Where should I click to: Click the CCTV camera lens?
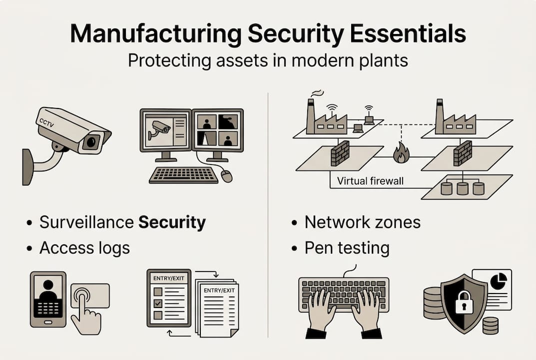[x=90, y=142]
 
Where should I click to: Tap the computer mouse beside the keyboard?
[x=226, y=175]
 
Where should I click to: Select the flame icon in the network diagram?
[x=401, y=153]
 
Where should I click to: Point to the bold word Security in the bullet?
[x=172, y=222]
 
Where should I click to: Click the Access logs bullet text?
[x=85, y=247]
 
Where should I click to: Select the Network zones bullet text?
[x=363, y=222]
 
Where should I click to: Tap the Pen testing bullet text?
[x=347, y=247]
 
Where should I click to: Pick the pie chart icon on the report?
[x=499, y=281]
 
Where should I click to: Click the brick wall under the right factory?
[x=463, y=156]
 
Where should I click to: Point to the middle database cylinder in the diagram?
[x=463, y=188]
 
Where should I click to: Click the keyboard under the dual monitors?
[x=184, y=174]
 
